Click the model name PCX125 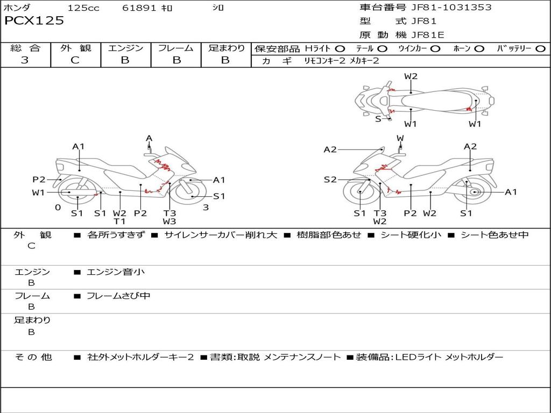[x=34, y=21]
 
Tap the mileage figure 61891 [x=139, y=8]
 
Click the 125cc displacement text [x=83, y=8]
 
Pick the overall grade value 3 [x=25, y=60]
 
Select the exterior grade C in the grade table [x=75, y=60]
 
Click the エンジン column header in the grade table [x=125, y=48]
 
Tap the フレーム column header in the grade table [x=176, y=48]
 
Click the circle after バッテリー [x=540, y=49]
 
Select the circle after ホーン [x=479, y=49]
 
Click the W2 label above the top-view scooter [x=411, y=76]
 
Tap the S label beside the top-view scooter [x=378, y=119]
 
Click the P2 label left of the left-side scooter [x=39, y=180]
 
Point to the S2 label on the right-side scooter [x=330, y=180]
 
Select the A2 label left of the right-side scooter [x=330, y=149]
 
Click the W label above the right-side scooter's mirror [x=400, y=138]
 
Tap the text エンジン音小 [x=116, y=272]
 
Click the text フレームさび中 [x=118, y=296]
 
